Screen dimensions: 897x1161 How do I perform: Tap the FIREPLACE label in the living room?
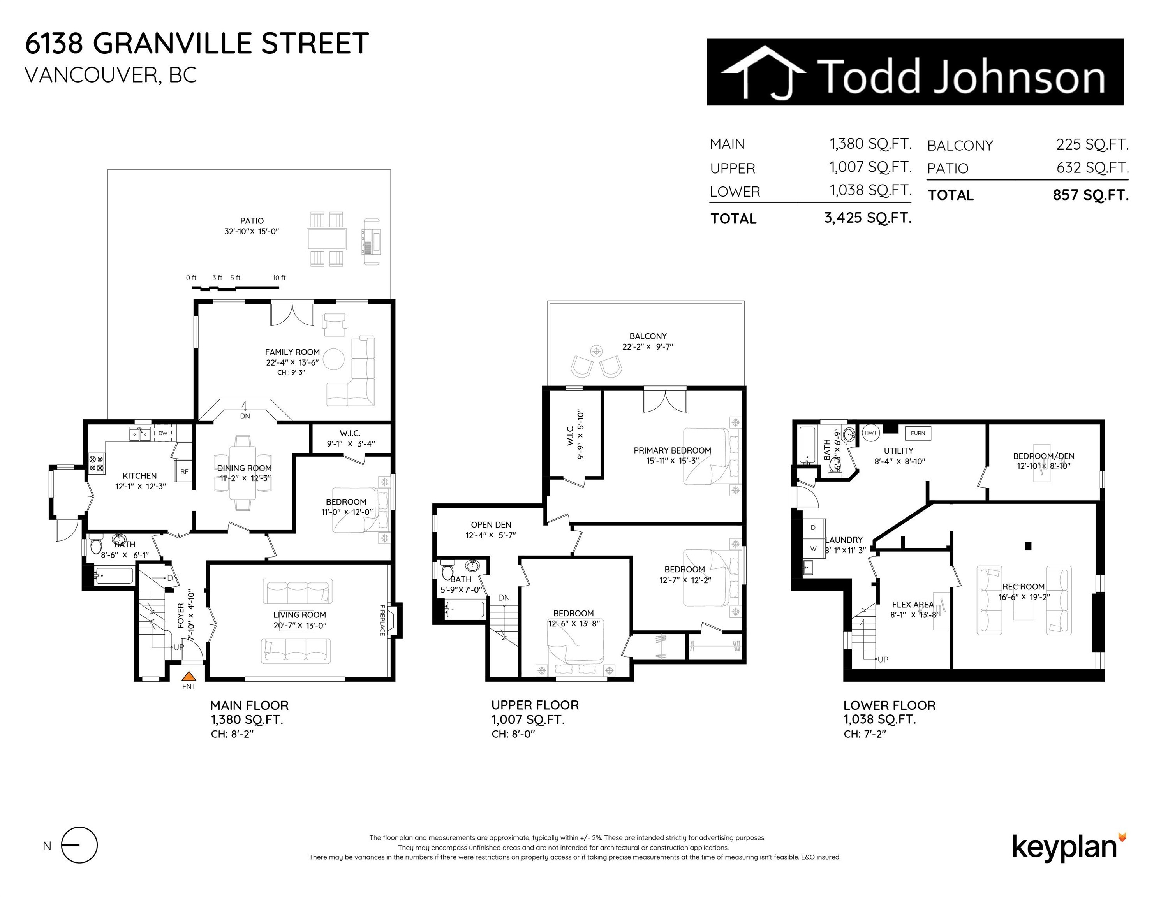[382, 620]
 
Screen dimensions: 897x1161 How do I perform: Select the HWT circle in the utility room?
[870, 433]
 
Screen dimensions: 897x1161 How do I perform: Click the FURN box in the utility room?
[918, 433]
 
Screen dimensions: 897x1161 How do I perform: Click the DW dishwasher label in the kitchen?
[163, 433]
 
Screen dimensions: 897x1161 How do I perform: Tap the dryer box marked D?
[813, 528]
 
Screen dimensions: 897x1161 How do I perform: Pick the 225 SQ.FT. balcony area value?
[1092, 144]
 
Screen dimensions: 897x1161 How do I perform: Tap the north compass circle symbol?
[80, 845]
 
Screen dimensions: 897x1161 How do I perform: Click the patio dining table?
[326, 239]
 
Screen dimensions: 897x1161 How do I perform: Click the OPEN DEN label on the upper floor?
[491, 524]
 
